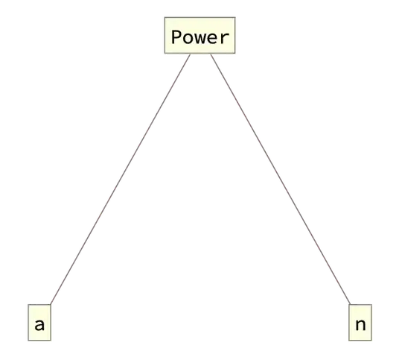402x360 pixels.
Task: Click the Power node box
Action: [200, 36]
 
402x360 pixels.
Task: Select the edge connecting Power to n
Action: [279, 178]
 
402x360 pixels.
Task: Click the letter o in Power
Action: [188, 37]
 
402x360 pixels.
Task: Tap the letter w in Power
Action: [200, 37]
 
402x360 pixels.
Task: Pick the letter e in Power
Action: [212, 37]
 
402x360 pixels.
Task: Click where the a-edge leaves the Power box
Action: [191, 56]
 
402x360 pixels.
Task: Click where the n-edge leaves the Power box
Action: [211, 56]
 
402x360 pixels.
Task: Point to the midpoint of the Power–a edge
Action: [121, 180]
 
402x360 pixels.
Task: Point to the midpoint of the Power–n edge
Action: [280, 180]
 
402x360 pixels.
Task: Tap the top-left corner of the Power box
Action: [165, 14]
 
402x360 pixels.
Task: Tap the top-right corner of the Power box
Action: [237, 14]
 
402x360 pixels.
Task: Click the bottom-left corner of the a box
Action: [26, 344]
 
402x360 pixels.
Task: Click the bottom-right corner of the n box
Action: [372, 344]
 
